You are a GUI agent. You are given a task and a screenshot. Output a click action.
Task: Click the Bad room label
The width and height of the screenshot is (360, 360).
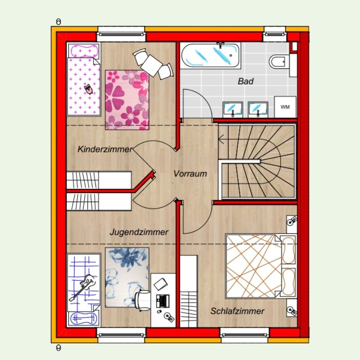pos(245,81)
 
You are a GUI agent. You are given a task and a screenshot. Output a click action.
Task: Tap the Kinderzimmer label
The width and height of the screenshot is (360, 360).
pos(105,149)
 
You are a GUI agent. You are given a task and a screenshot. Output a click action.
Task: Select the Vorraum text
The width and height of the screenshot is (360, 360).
pos(190,174)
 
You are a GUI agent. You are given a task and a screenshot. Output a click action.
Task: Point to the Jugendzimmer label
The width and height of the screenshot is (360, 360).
pos(139,232)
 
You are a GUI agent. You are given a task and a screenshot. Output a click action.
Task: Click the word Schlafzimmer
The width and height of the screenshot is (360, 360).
pos(238,311)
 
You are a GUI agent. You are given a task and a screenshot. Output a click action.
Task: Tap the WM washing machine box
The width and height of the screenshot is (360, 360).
pos(285,107)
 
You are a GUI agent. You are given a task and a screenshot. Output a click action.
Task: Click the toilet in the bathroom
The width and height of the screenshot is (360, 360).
pos(279,62)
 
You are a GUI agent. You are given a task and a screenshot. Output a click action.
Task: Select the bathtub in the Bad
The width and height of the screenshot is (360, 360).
pos(210,55)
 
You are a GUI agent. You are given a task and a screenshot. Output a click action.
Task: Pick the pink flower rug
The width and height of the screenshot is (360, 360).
pos(127,100)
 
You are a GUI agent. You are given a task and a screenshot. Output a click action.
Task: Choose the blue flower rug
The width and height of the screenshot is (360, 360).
pos(127,277)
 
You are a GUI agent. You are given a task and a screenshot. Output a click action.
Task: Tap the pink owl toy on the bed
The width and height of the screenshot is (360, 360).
pos(88,89)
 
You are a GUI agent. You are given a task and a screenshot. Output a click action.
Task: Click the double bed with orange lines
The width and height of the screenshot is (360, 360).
pos(261,266)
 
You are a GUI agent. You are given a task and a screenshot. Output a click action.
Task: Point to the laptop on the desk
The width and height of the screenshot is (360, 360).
pos(162,301)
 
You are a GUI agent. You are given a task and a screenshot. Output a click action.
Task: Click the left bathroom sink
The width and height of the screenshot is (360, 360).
pos(233,109)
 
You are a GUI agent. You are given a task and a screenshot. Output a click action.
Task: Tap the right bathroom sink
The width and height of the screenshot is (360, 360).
pos(258,109)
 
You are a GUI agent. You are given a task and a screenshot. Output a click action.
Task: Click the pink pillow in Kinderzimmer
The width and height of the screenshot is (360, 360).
pos(84,50)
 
